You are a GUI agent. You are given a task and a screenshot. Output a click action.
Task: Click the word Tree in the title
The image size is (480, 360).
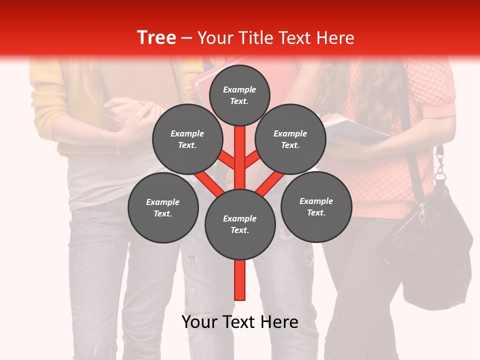[156, 37]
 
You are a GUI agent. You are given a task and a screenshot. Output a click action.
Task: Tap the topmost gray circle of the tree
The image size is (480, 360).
[239, 95]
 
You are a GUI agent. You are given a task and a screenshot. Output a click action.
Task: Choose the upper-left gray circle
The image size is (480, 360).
[187, 139]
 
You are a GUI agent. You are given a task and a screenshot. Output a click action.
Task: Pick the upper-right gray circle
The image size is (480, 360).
[290, 139]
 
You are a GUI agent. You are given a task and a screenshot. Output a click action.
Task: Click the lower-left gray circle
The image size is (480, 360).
[162, 207]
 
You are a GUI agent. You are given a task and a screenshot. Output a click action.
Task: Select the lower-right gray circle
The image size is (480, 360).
[316, 206]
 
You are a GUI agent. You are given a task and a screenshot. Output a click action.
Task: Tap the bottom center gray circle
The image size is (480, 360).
[239, 224]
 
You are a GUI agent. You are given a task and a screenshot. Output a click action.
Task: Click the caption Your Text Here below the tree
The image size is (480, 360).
[239, 322]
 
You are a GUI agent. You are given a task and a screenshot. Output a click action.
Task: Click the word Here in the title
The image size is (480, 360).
[335, 37]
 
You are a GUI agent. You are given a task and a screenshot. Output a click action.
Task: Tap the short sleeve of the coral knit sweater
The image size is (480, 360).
[435, 85]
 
